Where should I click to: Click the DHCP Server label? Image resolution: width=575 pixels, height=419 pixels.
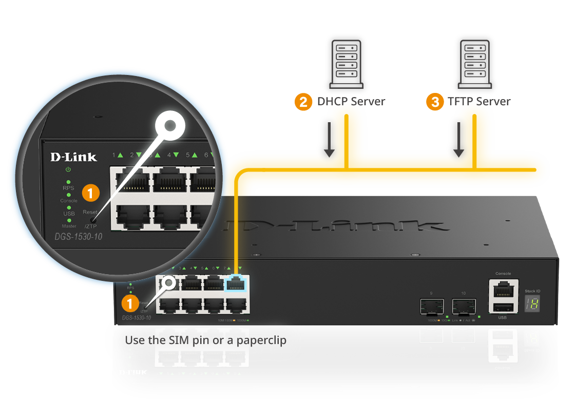(351, 101)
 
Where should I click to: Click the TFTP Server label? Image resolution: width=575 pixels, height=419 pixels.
(479, 101)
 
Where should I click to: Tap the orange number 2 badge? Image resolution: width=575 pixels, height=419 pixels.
(303, 102)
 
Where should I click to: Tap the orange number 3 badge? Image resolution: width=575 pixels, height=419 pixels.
(435, 102)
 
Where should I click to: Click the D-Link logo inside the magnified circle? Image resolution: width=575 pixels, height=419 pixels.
(73, 157)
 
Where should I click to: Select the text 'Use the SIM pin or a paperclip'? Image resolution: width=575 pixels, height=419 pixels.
(205, 340)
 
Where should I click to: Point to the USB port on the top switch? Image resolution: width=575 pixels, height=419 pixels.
(503, 307)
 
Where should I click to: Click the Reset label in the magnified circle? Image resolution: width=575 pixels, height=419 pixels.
(90, 212)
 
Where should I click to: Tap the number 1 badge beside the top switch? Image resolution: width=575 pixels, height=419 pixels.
(130, 303)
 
